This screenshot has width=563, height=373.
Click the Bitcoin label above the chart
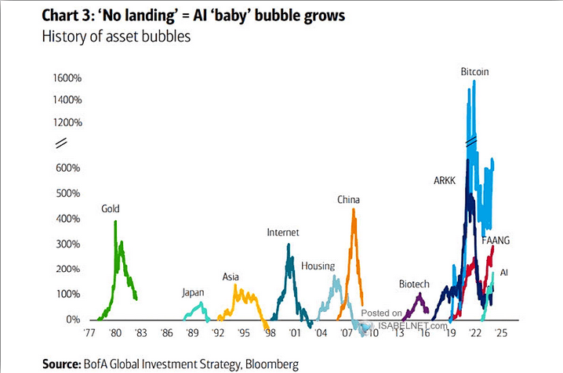[475, 71]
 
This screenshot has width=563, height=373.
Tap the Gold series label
[111, 209]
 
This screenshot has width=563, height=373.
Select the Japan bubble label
[193, 292]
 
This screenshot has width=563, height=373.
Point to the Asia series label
[231, 277]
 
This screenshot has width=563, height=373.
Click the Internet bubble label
[283, 233]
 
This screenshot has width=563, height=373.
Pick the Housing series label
[318, 266]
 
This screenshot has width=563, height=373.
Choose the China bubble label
[349, 200]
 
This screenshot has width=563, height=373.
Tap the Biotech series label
[415, 284]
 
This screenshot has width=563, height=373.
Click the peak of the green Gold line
[115, 222]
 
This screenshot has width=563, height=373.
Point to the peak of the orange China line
[354, 209]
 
